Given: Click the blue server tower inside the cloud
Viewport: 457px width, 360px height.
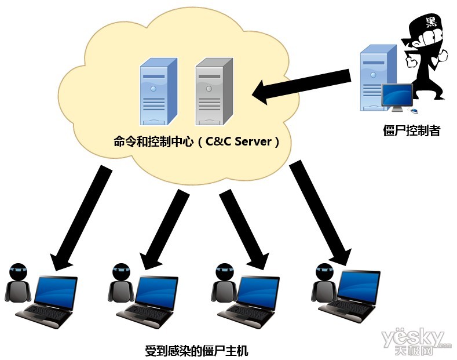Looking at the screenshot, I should (x=154, y=92).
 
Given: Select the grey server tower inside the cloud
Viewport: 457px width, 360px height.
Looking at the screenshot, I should (x=211, y=92).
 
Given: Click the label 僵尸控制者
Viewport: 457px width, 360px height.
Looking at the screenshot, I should (x=412, y=130).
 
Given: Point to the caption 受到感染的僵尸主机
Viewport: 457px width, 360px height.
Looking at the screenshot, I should (x=196, y=350).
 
